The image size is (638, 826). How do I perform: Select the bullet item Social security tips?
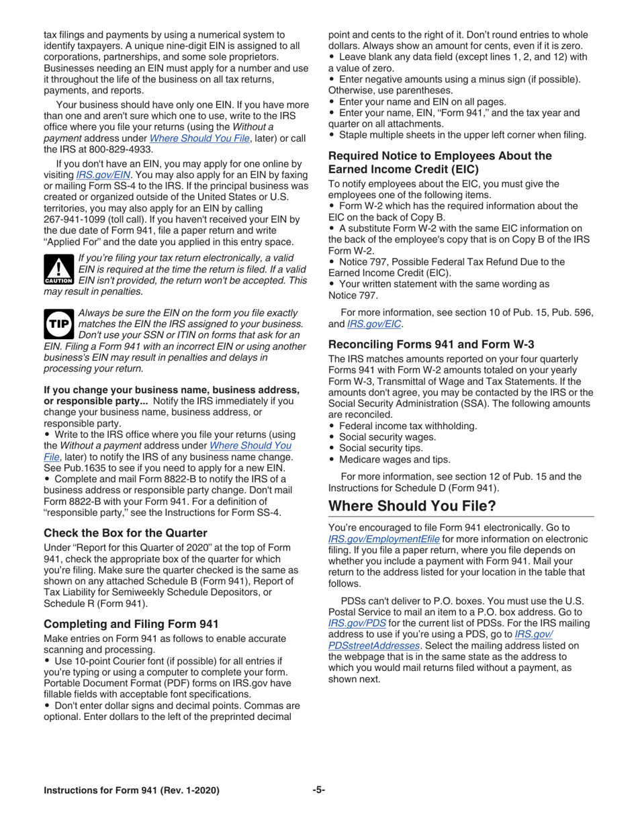tap(381, 448)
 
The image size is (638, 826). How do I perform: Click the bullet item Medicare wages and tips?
tap(394, 459)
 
